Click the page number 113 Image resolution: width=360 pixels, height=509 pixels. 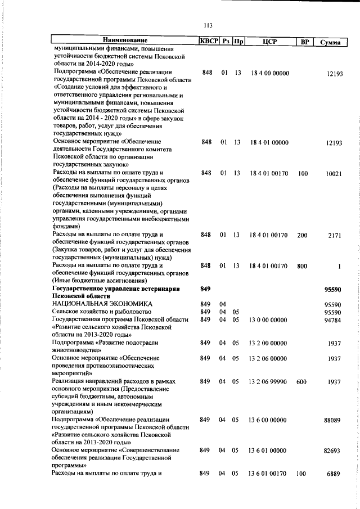(x=208, y=25)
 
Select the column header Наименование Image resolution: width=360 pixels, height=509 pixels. (x=125, y=40)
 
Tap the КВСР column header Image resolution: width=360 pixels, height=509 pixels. (x=209, y=40)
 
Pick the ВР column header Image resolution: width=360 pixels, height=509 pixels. (x=303, y=42)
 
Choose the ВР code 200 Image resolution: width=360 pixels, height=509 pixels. (x=303, y=235)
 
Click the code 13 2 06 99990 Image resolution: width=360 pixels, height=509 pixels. (x=268, y=381)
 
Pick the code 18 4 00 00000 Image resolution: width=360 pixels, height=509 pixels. (x=268, y=73)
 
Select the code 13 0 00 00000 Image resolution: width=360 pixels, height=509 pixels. (x=268, y=320)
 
